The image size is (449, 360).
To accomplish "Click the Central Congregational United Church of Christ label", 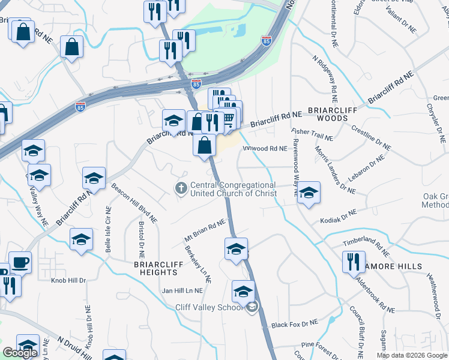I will point(233,189).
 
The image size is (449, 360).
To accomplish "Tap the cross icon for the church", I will point(181,189).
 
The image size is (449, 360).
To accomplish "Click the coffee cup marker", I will point(20,263).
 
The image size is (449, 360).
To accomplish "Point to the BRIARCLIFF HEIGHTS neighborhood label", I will point(158,268).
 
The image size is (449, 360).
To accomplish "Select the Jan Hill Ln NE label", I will point(182,290).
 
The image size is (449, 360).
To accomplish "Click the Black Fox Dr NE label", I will point(294,324).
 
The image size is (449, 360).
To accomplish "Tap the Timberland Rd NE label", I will point(366,241).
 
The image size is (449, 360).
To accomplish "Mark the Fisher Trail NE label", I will point(312,134).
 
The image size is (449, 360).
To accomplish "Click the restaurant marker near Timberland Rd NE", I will point(352,262).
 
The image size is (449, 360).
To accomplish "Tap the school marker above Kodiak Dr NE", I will point(308,193).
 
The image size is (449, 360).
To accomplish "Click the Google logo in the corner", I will point(20,353).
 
